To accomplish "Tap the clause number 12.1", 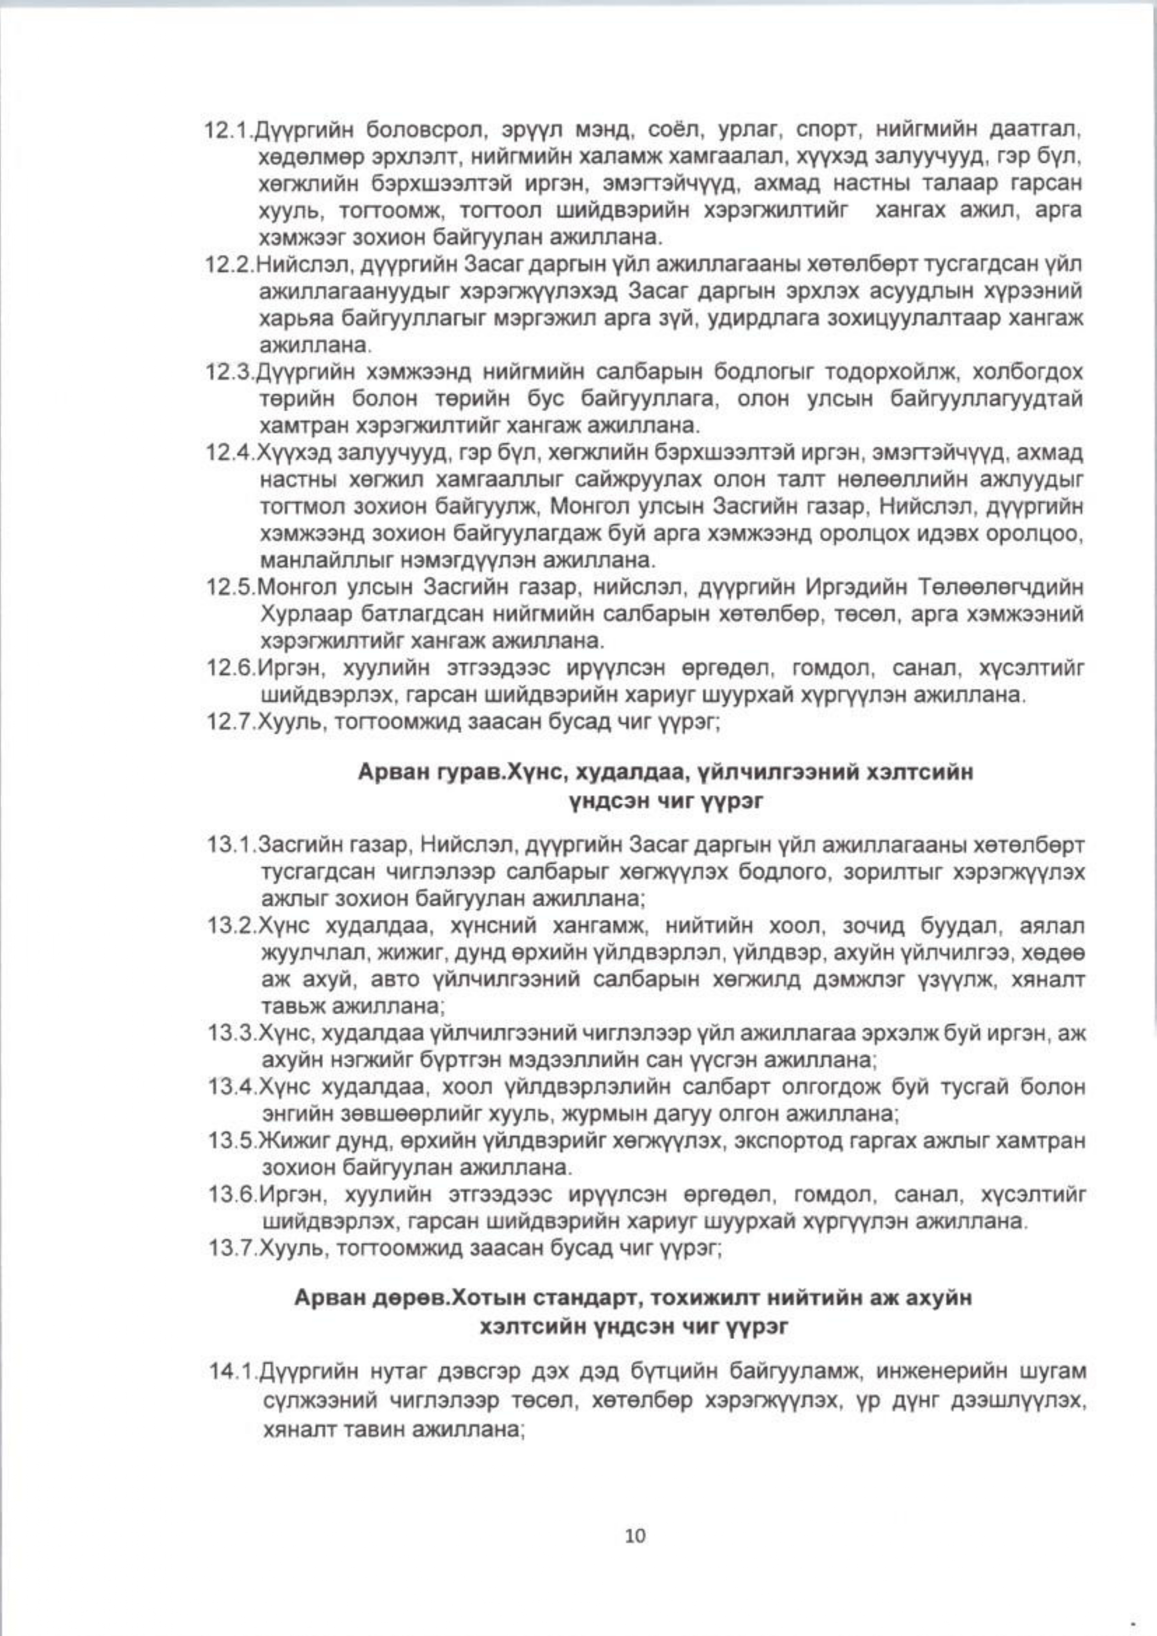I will (229, 132).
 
